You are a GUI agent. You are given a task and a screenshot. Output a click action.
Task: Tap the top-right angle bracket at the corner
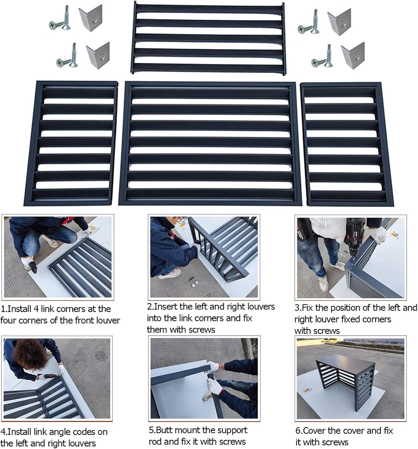pyautogui.click(x=339, y=22)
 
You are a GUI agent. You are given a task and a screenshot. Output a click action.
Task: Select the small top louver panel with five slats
pyautogui.click(x=208, y=37)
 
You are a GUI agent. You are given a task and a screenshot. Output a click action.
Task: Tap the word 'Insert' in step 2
pyautogui.click(x=165, y=307)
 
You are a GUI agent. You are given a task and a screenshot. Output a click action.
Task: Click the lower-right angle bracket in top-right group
pyautogui.click(x=353, y=55)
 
